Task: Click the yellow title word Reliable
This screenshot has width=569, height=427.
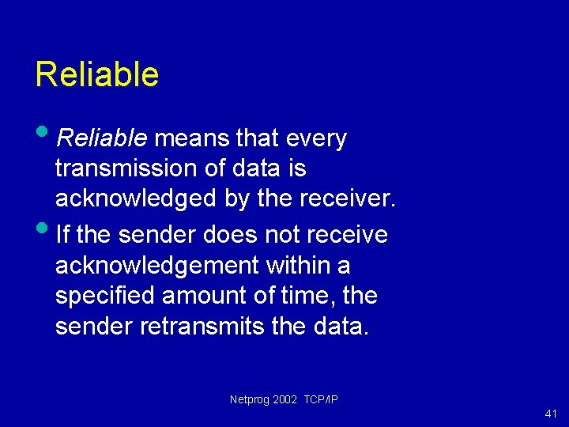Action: coord(96,74)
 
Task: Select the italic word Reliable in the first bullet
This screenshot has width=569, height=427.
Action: coord(102,139)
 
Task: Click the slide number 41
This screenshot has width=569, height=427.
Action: coord(551,414)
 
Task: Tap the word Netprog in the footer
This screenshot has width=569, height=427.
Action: coord(249,400)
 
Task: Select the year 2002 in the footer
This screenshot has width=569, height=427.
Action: coord(284,400)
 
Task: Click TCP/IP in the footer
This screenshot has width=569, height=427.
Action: coord(321,400)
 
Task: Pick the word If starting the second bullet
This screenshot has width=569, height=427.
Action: coord(63,235)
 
